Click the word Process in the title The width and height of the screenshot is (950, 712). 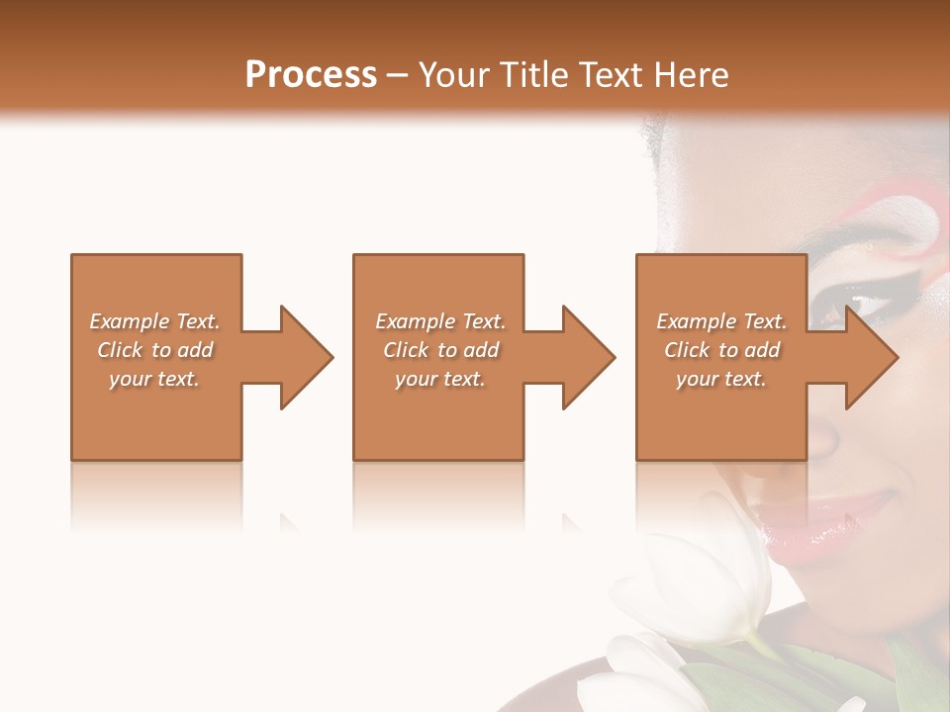point(311,75)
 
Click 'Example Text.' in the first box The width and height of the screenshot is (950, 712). point(154,321)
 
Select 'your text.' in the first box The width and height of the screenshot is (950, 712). point(154,379)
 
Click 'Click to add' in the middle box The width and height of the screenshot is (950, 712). point(440,350)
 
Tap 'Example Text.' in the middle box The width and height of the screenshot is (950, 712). point(440,321)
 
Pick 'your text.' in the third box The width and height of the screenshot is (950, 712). point(721,379)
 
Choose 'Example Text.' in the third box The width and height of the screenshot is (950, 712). point(721,321)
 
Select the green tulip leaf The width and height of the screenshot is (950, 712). point(732,682)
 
